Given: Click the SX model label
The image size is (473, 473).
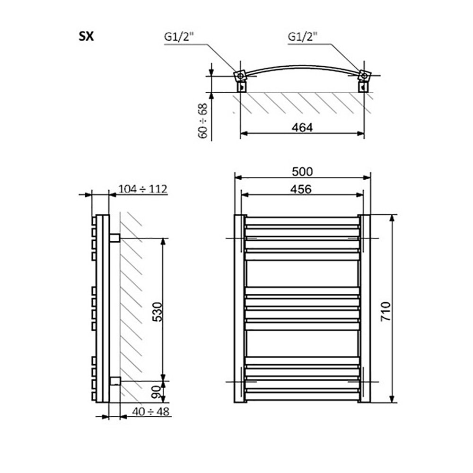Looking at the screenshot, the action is (86, 37).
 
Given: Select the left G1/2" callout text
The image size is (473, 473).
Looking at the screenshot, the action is (179, 37).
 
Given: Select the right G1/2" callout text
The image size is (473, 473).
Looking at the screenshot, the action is (303, 37).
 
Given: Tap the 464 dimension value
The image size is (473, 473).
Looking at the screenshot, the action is (302, 127).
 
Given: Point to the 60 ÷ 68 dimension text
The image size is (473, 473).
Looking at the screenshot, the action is (203, 121).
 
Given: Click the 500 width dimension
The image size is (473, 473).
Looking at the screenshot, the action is (302, 172).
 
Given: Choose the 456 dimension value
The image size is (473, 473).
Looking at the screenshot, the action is (301, 189).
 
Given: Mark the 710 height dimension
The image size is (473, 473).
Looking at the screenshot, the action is (386, 311).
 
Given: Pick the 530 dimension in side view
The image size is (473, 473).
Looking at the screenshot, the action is (157, 311).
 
